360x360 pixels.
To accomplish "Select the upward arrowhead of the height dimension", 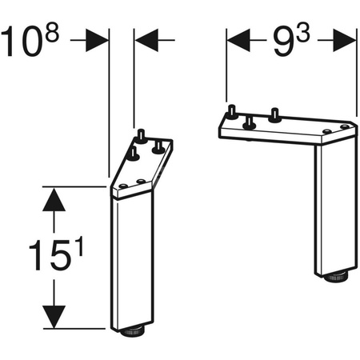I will [54, 200].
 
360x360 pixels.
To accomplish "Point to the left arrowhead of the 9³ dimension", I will [238, 37].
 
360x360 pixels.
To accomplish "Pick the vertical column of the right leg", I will [330, 212].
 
